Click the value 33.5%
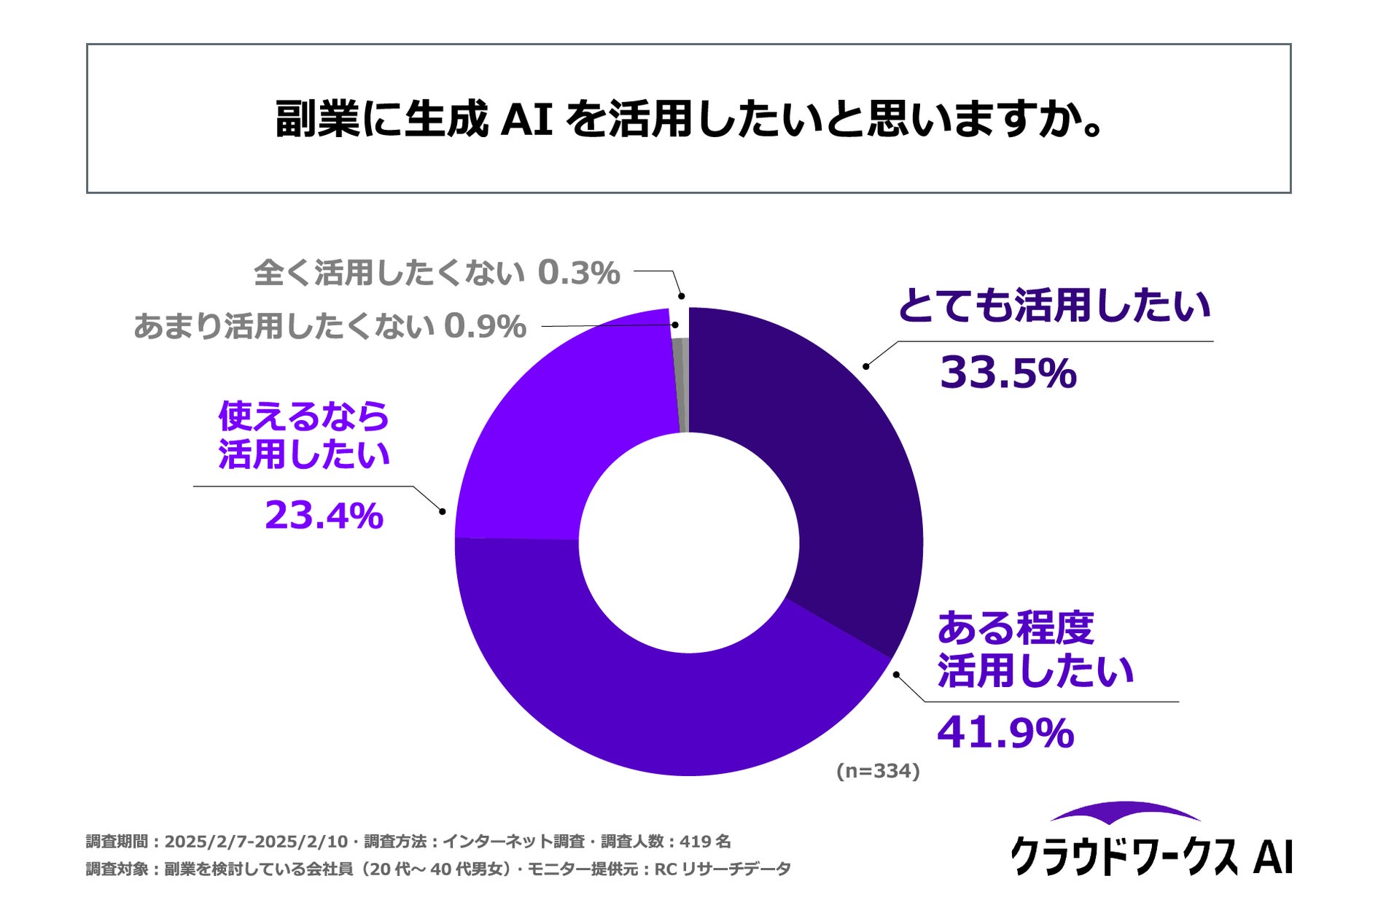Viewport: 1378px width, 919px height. click(1008, 373)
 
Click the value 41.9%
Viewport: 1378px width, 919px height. click(1005, 732)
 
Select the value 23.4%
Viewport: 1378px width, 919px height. click(324, 516)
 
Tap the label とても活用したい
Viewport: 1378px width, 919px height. click(1054, 306)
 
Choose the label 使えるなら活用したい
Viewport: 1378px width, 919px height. click(303, 435)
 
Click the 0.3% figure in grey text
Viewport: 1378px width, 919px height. click(579, 274)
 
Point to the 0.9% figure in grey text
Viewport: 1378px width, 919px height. click(485, 327)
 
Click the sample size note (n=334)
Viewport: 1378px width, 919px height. click(878, 771)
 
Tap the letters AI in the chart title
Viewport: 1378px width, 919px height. click(527, 119)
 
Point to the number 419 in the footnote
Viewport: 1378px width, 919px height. click(696, 842)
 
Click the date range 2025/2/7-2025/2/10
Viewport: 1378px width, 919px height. click(256, 842)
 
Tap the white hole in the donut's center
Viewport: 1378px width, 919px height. click(689, 543)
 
